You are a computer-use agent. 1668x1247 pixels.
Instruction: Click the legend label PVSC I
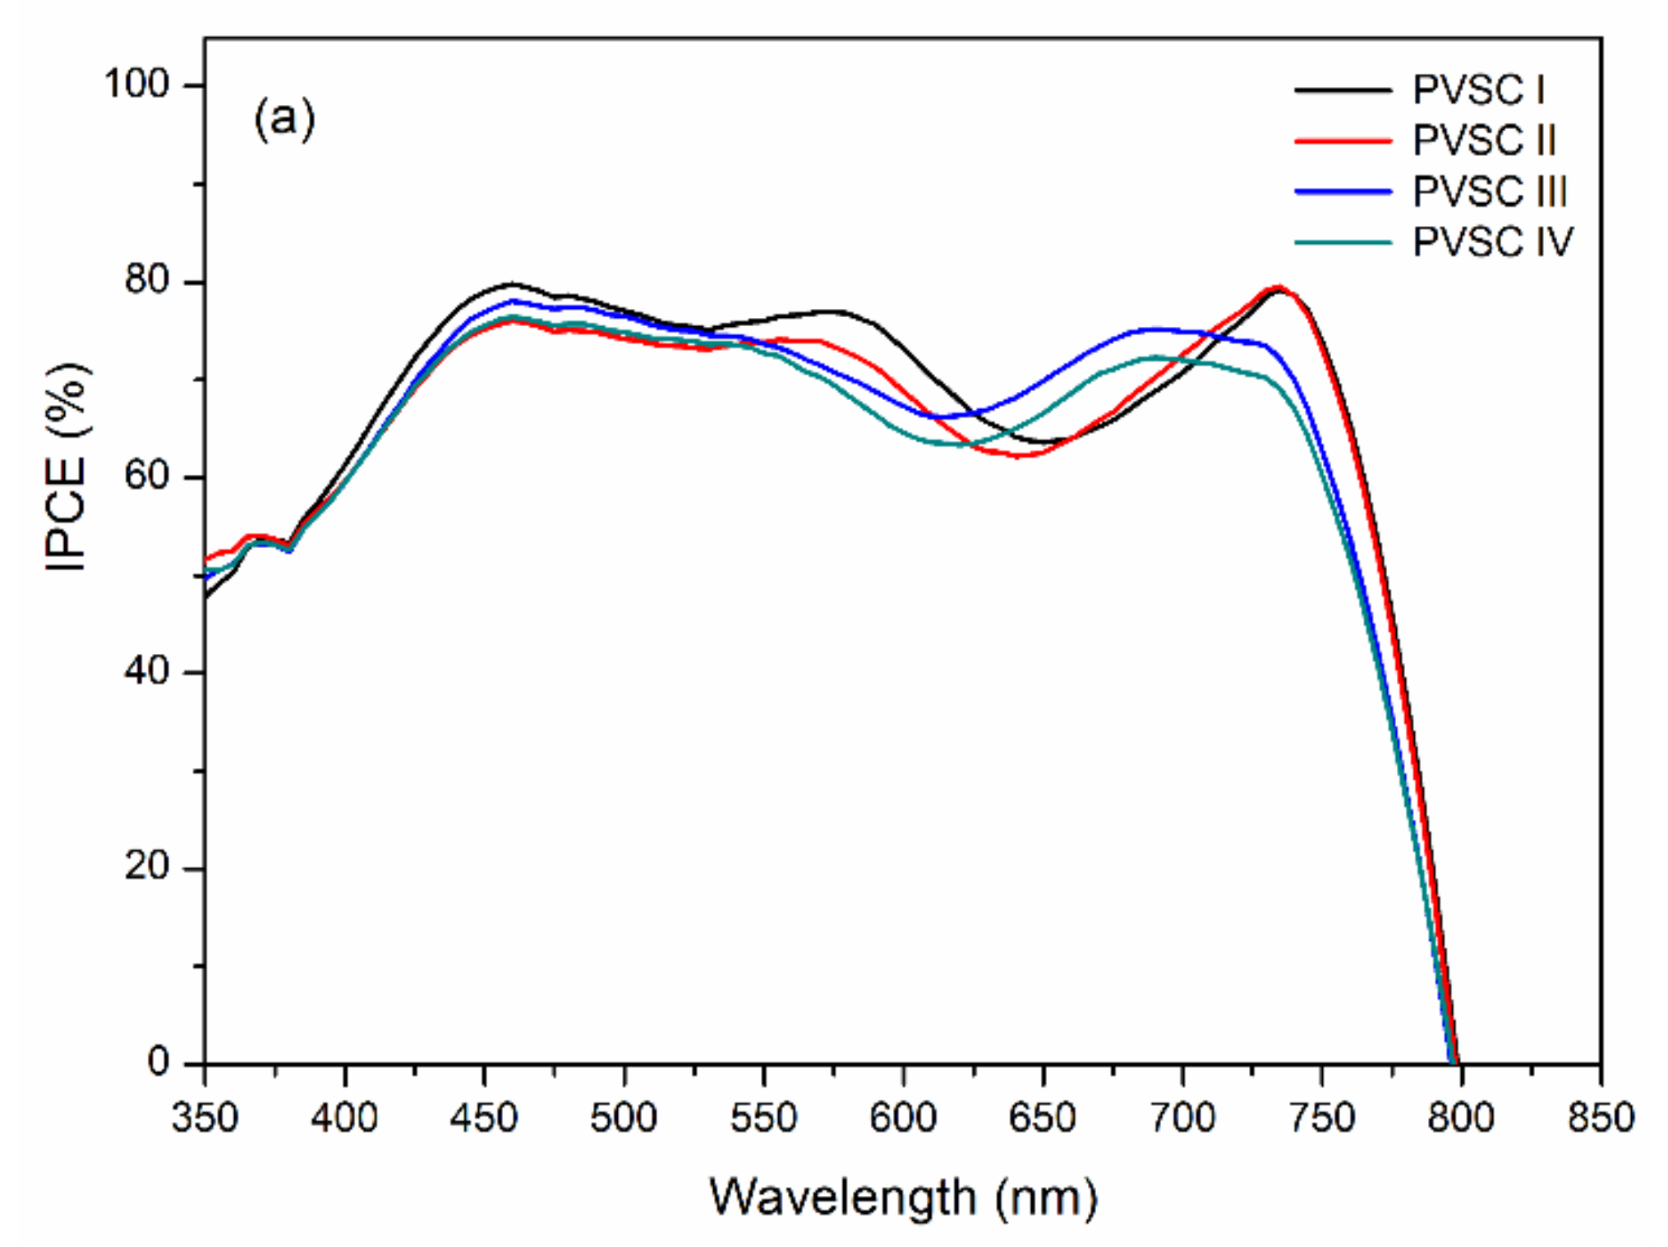click(1478, 90)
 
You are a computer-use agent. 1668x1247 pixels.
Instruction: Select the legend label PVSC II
click(1484, 140)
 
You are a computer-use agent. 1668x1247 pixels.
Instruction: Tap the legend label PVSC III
click(1490, 191)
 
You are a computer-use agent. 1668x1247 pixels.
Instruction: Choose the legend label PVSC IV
click(1492, 242)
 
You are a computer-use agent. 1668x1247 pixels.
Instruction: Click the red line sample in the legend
click(1343, 141)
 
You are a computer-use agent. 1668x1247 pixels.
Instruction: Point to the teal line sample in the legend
click(1343, 242)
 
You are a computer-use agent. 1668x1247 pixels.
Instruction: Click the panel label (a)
click(283, 119)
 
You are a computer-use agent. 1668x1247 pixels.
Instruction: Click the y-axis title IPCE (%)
click(67, 467)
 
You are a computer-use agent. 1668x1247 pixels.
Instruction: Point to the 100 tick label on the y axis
click(136, 84)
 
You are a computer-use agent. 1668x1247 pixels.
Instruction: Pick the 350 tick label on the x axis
click(205, 1118)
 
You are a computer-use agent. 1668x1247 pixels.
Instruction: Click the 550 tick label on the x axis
click(763, 1118)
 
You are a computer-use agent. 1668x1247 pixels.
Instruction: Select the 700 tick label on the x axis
click(1182, 1118)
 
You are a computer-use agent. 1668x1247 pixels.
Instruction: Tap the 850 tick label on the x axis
click(1600, 1118)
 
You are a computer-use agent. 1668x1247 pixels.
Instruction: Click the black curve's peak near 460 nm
click(511, 284)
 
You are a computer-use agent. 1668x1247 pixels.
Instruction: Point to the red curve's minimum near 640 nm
click(1019, 456)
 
